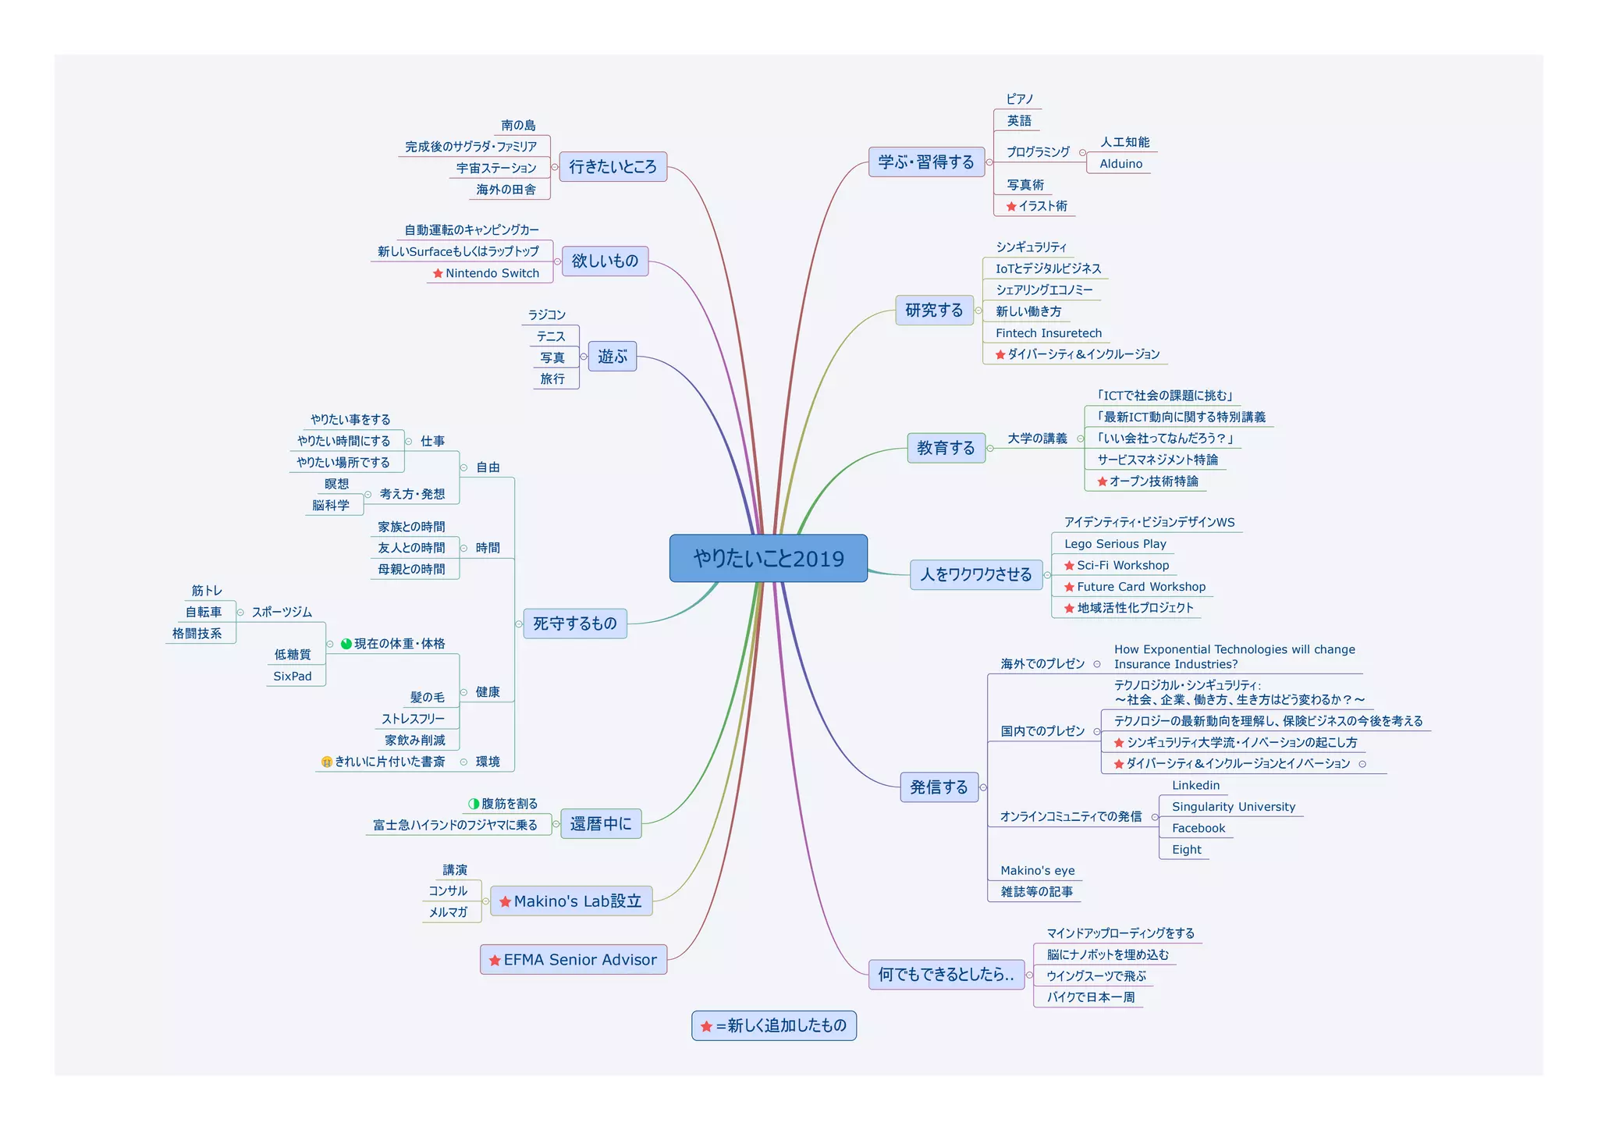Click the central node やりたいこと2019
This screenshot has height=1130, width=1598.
(x=769, y=558)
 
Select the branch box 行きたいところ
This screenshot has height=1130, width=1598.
(x=613, y=166)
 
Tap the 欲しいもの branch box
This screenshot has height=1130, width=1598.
(x=605, y=261)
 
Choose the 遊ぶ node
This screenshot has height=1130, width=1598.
(x=613, y=357)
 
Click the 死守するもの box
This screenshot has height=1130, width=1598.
(x=575, y=624)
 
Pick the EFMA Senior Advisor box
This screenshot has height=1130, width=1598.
(x=574, y=960)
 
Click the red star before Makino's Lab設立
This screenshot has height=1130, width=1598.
(x=505, y=902)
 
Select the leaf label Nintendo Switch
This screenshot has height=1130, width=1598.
(x=492, y=273)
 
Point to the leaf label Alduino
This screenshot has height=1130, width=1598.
(x=1120, y=164)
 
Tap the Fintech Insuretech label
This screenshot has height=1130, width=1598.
(x=1048, y=333)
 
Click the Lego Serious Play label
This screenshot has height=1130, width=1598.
(x=1115, y=544)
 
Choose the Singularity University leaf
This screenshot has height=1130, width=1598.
(x=1233, y=807)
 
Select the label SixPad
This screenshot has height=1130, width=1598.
(x=293, y=677)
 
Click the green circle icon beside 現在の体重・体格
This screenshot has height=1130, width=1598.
(x=346, y=644)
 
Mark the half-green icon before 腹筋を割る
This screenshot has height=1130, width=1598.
(x=474, y=804)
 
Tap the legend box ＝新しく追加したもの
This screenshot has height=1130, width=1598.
(x=774, y=1025)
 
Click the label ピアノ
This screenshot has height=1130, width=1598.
(x=1019, y=99)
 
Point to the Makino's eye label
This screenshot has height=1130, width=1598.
(x=1037, y=871)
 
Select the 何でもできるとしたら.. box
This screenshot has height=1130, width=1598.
(x=946, y=975)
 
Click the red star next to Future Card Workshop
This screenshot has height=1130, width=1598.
(x=1069, y=587)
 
